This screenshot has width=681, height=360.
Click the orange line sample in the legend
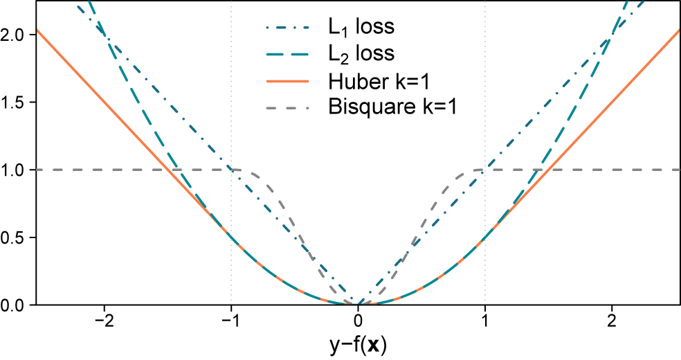tap(286, 81)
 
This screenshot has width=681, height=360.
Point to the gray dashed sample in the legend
tap(286, 107)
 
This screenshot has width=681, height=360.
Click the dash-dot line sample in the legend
tap(286, 28)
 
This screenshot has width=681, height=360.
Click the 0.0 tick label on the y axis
tap(15, 305)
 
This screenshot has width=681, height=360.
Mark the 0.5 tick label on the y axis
tap(15, 237)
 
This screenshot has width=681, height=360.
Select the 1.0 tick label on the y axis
tap(15, 170)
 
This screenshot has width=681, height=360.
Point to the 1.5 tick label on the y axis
tap(15, 102)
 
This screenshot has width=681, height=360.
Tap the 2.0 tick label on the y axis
tap(15, 35)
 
